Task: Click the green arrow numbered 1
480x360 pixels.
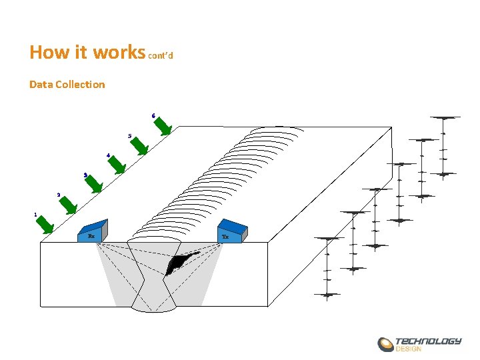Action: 45,225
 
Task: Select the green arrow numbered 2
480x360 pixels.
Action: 69,205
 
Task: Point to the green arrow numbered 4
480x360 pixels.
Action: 116,165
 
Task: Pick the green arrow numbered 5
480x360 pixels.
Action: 139,146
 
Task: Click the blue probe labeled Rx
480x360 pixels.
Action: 92,231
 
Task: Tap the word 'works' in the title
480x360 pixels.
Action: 119,52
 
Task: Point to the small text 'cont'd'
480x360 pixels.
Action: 160,56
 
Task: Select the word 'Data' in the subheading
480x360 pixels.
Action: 41,85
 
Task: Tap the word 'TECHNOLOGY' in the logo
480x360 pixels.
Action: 428,341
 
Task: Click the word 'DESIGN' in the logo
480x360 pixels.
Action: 409,349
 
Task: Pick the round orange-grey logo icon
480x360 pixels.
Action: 386,345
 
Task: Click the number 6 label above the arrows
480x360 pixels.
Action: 153,116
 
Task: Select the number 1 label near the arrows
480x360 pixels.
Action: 35,215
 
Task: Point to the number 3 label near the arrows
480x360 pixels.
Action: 85,175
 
